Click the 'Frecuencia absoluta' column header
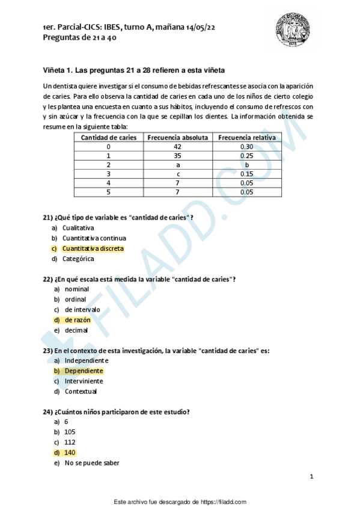coord(177,137)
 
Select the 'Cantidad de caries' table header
coord(109,137)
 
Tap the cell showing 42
coord(177,146)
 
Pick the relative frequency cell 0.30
coord(246,146)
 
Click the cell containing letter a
coord(177,164)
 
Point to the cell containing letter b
coord(246,164)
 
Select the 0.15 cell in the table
coord(246,173)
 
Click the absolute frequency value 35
coord(177,155)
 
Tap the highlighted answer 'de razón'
coord(78,320)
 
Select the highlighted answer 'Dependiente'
coord(84,371)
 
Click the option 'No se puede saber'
coord(92,463)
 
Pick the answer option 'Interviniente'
coord(84,381)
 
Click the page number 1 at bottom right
coord(311,477)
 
